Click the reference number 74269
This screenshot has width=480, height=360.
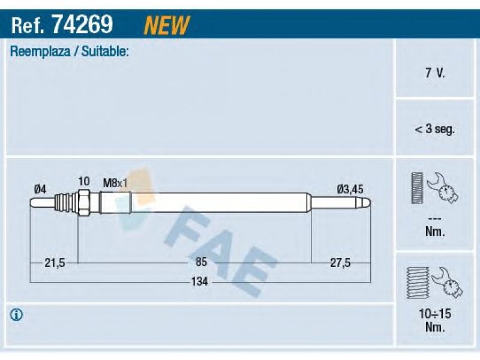[x=82, y=24]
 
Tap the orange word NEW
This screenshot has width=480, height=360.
[x=167, y=25]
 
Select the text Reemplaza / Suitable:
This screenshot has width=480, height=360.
[x=69, y=52]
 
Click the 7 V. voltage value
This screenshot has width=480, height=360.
[x=434, y=73]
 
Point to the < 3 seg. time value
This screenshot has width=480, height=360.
[x=434, y=129]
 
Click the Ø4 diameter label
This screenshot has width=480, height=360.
[x=40, y=189]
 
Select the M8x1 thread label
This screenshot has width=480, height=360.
[x=115, y=184]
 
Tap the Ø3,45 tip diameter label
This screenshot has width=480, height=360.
[x=350, y=189]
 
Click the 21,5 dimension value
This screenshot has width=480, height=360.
[x=55, y=263]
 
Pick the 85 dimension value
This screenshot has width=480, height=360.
[x=201, y=262]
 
